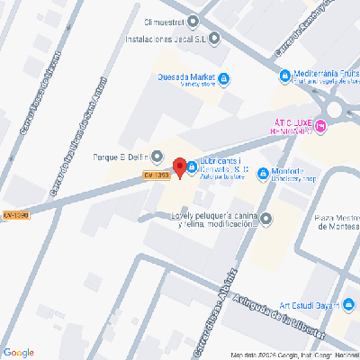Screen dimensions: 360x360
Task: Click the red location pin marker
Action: [179, 167]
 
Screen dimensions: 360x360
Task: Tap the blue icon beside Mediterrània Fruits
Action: [285, 77]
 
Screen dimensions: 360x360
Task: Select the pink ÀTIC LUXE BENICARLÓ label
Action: [292, 127]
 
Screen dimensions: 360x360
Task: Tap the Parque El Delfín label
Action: [121, 155]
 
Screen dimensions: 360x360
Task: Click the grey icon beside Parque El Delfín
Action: [157, 156]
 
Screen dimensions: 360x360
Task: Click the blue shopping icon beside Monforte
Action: [262, 173]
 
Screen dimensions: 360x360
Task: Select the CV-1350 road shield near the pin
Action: [157, 175]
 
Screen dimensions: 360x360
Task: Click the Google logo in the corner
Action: [19, 352]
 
